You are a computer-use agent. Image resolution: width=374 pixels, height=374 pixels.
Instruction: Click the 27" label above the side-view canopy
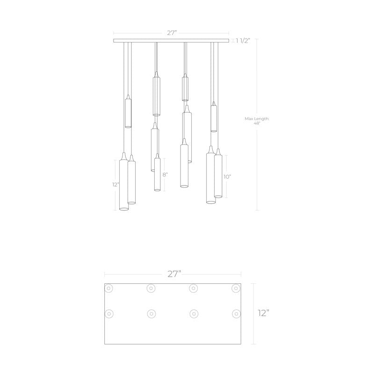172,33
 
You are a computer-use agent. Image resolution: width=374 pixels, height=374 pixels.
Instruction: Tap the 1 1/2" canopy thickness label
243,41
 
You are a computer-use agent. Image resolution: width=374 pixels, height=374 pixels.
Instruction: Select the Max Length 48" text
257,121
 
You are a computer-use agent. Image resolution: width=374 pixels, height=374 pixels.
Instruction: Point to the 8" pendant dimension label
165,175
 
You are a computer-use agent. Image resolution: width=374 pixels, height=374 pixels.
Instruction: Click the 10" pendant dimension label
227,177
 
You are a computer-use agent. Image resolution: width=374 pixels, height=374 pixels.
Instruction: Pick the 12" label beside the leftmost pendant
115,185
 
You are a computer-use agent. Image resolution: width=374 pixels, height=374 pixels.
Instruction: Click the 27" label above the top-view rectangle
174,274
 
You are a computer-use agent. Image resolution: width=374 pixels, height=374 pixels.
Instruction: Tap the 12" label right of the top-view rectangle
264,313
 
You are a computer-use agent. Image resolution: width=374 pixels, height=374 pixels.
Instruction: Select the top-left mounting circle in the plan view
108,288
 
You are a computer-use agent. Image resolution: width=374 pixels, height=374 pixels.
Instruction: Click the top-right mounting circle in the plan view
236,288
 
